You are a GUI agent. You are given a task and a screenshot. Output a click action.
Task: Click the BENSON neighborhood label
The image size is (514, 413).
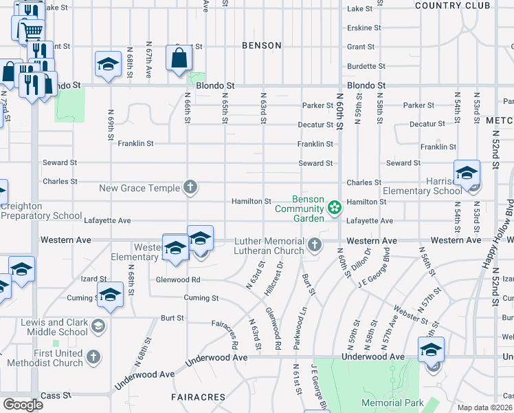[x=262, y=45]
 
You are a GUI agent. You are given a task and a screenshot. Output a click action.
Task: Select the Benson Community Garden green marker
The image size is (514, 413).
[x=335, y=207]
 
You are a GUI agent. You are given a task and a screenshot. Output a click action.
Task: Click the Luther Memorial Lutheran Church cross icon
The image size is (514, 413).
[x=314, y=244]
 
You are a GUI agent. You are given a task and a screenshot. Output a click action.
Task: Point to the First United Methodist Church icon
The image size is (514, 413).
[x=93, y=357]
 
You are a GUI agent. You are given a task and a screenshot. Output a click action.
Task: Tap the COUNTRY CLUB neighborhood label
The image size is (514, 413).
[x=454, y=6]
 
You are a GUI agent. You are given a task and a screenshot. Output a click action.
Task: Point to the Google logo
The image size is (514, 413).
[x=23, y=405]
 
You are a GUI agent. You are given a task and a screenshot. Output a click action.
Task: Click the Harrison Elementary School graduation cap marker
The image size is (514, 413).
[x=467, y=173]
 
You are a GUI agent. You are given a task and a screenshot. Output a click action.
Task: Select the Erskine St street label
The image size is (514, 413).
[x=364, y=28]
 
